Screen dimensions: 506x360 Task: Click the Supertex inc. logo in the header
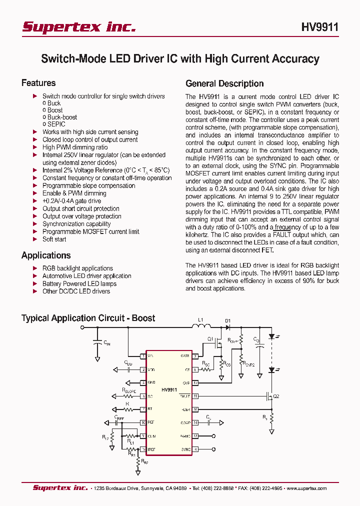[79, 27]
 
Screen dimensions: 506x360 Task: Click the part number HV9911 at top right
[319, 27]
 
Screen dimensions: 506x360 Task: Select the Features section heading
[38, 83]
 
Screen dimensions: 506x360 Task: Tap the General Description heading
[224, 83]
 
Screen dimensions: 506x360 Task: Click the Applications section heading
[46, 255]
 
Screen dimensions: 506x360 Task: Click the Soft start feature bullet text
[54, 239]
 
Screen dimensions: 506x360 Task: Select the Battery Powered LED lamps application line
[79, 283]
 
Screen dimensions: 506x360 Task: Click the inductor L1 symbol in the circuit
[201, 327]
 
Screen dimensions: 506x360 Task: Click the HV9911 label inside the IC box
[169, 388]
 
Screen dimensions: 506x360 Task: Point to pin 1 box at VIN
[143, 356]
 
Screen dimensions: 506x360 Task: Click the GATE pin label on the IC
[184, 356]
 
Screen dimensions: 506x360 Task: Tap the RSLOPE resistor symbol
[128, 396]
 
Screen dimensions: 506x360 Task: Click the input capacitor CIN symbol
[97, 343]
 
